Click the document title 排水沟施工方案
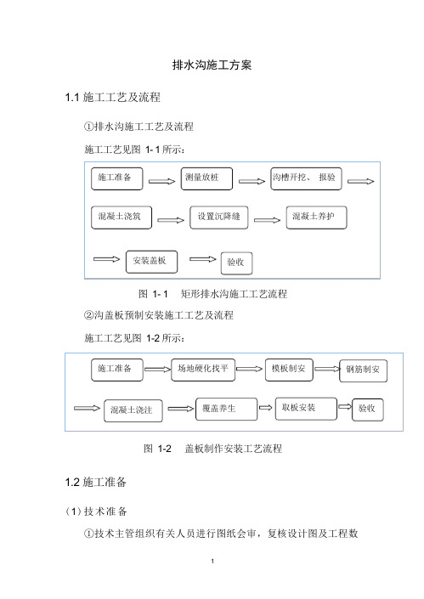click(212, 65)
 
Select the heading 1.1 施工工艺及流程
click(113, 98)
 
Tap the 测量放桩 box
click(206, 178)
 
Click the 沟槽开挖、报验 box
click(306, 178)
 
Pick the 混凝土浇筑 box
click(122, 218)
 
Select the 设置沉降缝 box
click(219, 218)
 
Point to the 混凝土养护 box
click(317, 218)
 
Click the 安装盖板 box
click(151, 262)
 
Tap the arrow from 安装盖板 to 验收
click(203, 259)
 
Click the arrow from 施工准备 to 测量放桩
click(161, 182)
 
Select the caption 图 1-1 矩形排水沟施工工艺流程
click(212, 294)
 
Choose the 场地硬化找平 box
click(203, 370)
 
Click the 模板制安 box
click(289, 370)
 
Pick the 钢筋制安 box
click(364, 370)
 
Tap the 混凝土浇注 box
click(133, 410)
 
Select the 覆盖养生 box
click(227, 410)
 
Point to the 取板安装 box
click(307, 409)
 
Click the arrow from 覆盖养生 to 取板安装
click(266, 408)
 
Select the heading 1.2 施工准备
click(95, 482)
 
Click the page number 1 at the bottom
click(212, 561)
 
